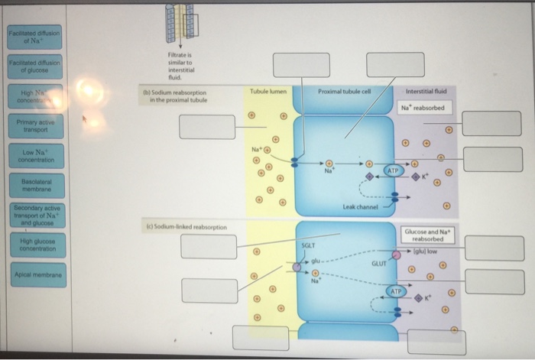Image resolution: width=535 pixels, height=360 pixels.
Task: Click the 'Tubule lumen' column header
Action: [268, 91]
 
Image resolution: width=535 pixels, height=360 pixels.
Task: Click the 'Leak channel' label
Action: [362, 207]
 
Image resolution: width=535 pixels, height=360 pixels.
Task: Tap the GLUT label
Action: [379, 264]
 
